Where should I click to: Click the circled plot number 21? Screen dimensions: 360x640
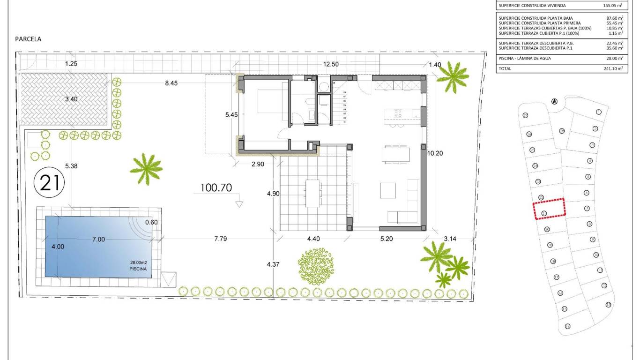click(x=49, y=182)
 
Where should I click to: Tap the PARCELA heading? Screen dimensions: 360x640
click(x=28, y=39)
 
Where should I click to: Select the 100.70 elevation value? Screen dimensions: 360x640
click(x=216, y=188)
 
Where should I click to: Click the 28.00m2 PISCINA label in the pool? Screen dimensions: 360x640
click(x=138, y=266)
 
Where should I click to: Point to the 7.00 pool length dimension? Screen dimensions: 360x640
click(x=98, y=239)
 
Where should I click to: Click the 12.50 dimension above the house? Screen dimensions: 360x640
click(x=331, y=65)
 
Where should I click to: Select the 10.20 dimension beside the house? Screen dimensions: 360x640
click(x=435, y=153)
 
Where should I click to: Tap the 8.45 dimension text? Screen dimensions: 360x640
click(x=171, y=83)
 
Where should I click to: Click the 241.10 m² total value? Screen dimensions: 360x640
click(x=613, y=68)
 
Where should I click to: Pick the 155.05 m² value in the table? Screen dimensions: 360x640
click(x=613, y=6)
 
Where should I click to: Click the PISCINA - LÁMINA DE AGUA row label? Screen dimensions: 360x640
click(x=525, y=58)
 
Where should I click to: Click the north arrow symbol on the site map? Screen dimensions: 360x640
click(x=554, y=101)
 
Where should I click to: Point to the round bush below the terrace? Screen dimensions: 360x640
click(x=316, y=267)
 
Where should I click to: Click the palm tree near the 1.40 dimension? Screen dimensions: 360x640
click(x=452, y=76)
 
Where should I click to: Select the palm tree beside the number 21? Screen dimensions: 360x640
click(x=147, y=168)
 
